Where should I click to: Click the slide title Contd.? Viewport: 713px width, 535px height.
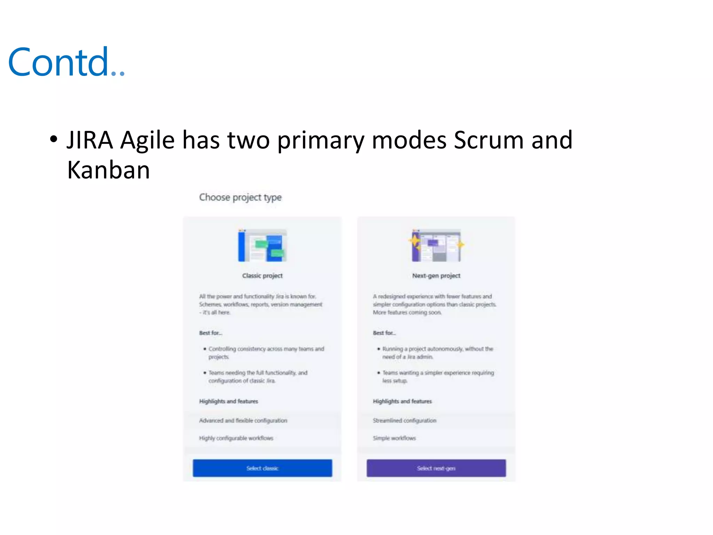tap(66, 63)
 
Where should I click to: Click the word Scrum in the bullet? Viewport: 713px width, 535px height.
tap(488, 140)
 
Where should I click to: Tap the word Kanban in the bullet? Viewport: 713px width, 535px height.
tap(109, 170)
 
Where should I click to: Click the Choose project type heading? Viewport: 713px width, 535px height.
tap(240, 197)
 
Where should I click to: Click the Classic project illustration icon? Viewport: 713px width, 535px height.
tap(262, 246)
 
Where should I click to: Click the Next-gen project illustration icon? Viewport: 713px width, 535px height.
tap(436, 246)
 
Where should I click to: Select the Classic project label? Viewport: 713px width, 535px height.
tap(262, 276)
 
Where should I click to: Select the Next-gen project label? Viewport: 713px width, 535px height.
tap(436, 276)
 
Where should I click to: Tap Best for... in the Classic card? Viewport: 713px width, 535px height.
tap(210, 333)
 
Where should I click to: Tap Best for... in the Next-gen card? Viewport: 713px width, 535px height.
tap(384, 333)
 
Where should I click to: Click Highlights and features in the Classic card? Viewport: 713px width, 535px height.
tap(228, 401)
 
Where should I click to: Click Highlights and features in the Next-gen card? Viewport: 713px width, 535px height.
tap(402, 401)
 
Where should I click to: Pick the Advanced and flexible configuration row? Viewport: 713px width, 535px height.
tap(243, 421)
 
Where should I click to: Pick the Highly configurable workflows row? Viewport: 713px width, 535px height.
tap(236, 438)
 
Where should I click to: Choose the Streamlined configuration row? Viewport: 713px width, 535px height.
tap(404, 421)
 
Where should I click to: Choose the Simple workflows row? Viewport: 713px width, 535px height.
tap(394, 438)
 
